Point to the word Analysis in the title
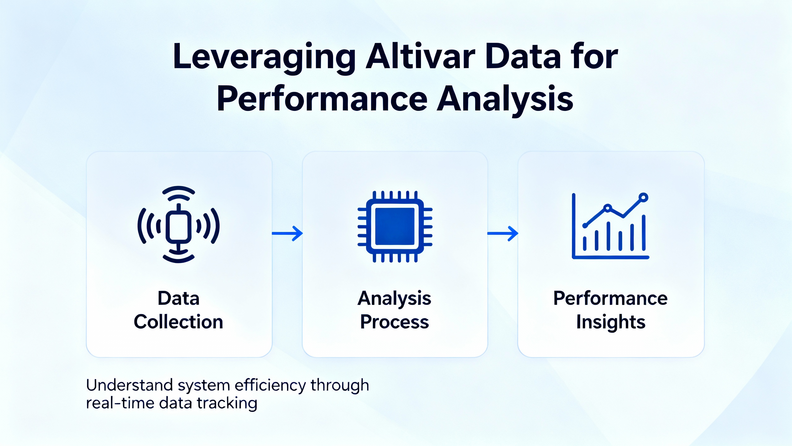click(505, 99)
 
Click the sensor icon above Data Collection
click(179, 224)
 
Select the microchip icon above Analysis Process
click(395, 226)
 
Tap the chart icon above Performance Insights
click(610, 226)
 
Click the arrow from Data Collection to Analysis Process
click(287, 234)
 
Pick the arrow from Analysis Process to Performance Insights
click(503, 234)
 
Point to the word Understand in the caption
click(129, 385)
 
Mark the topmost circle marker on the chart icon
click(643, 197)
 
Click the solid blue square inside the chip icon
click(395, 226)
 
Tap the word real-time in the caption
click(120, 403)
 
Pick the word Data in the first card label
click(179, 298)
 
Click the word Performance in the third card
click(610, 299)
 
